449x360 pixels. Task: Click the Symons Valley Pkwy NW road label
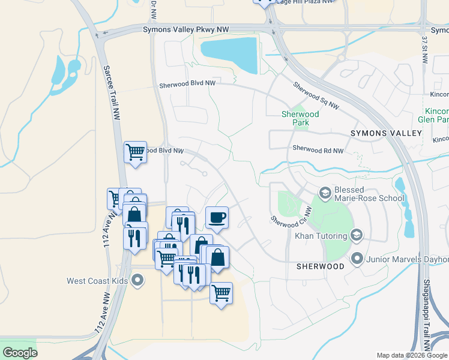[x=185, y=29]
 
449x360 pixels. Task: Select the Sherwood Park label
[x=300, y=118]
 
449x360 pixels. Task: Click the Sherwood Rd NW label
[x=318, y=148]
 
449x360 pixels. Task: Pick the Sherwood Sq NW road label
[x=316, y=95]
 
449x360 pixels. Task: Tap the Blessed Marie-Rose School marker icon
[x=325, y=193]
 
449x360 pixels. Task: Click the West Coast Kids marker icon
[x=137, y=280]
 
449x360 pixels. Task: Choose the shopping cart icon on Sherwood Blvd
[x=136, y=152]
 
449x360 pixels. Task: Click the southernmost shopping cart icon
[x=221, y=292]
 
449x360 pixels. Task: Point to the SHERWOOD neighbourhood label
[x=320, y=266]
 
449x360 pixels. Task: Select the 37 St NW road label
[x=424, y=50]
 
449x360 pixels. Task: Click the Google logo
[x=20, y=353]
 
